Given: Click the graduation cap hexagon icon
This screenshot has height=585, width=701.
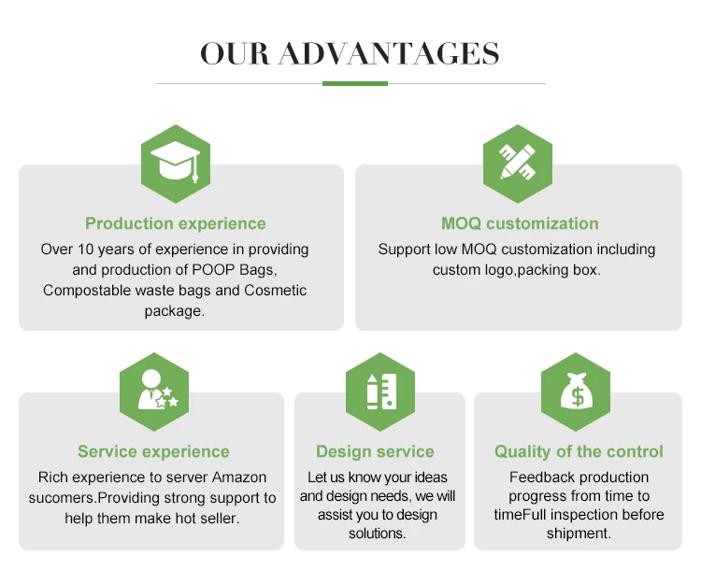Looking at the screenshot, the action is tap(175, 164).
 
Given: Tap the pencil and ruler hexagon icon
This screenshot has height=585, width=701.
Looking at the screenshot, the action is tap(517, 164).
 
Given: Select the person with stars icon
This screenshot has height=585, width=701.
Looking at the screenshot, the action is tap(154, 392).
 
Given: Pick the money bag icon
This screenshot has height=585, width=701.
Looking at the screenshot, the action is tap(576, 392).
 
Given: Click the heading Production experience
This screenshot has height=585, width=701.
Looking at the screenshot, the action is tap(176, 223).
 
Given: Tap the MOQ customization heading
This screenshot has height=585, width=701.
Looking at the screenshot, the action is tap(520, 223).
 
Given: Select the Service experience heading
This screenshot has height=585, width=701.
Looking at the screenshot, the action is tap(153, 451).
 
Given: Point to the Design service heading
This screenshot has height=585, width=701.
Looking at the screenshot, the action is tap(375, 451).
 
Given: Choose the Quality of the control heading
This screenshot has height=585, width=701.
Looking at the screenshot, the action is tap(579, 451).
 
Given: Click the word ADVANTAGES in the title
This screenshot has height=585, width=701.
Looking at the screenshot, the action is tap(389, 53).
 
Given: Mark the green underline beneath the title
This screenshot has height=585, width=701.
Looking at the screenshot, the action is tap(354, 83).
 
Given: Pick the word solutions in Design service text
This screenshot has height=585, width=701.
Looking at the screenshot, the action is tap(377, 534).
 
